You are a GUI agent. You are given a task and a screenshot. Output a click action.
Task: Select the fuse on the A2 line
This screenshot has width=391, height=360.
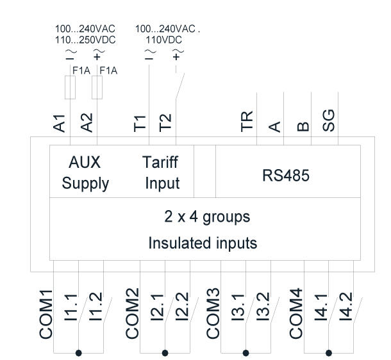[x=97, y=89]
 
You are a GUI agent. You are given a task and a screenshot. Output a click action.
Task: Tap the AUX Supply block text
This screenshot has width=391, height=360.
[x=85, y=172]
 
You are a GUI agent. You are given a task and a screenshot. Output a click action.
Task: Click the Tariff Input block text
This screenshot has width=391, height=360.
[x=162, y=172]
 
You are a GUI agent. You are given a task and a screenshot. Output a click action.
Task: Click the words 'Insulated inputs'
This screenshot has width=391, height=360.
[x=203, y=243]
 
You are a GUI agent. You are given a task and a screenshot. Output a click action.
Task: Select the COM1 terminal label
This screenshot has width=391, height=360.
[x=46, y=315]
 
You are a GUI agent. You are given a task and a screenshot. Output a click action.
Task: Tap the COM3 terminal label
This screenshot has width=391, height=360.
[x=213, y=315]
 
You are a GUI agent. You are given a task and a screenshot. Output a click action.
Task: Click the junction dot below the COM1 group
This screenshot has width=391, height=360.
[x=79, y=352]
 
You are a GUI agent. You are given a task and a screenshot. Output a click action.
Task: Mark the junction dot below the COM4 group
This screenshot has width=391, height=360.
[x=329, y=352]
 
